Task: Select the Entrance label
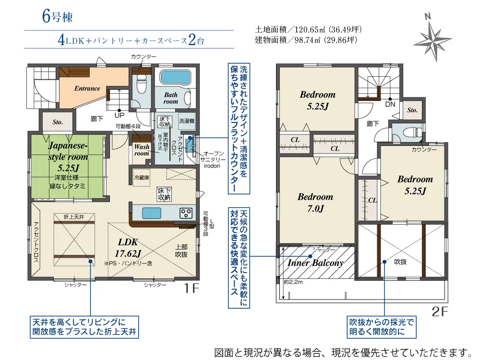point(87,88)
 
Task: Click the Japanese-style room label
point(68,156)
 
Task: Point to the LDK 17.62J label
point(128,247)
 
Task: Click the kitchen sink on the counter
point(152,213)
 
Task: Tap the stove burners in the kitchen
point(185,213)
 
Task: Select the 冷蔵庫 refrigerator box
point(142,178)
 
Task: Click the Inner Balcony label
point(315,263)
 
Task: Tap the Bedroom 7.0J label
point(315,203)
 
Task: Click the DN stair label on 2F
point(390,104)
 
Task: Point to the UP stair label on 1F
point(120,115)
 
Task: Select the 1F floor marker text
point(192,288)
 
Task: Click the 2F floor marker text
point(440,312)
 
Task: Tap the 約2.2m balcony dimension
point(293,282)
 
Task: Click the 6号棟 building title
point(57,16)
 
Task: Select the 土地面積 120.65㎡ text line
point(308,29)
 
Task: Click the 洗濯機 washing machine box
point(187,121)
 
